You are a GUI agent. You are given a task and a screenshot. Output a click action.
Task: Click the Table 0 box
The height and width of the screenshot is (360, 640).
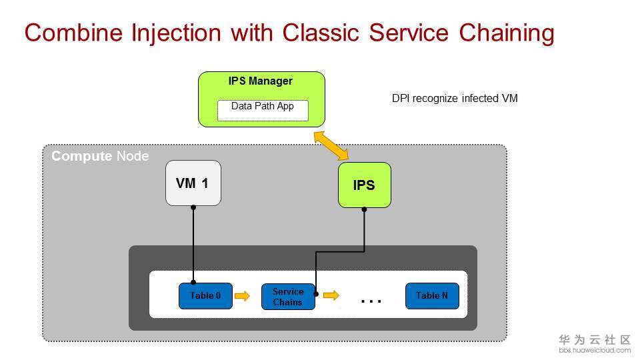coord(205,296)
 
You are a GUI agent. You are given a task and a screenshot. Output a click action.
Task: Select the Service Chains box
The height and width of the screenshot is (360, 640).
coord(287,297)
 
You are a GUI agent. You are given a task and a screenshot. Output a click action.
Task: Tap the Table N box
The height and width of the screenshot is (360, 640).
coord(432,296)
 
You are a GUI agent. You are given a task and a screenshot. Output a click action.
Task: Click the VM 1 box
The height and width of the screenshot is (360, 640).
coord(193,183)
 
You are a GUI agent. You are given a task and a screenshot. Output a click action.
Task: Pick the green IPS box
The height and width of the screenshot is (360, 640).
coord(364,185)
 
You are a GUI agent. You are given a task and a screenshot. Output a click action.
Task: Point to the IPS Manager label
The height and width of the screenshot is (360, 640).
coord(261,81)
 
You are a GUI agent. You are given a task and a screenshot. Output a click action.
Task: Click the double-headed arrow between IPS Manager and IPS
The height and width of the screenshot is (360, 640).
coord(332,146)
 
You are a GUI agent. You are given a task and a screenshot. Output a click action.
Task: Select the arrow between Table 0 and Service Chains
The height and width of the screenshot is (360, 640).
coord(243,296)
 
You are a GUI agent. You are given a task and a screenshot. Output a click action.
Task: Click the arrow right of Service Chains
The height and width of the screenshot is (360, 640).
coord(331,295)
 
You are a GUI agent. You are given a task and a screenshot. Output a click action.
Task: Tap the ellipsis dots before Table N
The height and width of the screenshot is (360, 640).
coord(371,301)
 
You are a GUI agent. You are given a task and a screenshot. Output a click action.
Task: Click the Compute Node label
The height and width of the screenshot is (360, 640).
coord(100,157)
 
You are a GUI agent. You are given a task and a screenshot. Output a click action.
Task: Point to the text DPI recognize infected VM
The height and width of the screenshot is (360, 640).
coord(455,99)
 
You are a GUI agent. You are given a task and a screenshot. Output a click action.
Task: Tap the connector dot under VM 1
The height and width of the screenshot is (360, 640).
coord(193,207)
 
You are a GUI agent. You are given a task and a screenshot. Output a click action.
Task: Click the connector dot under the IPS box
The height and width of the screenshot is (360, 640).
coord(364,210)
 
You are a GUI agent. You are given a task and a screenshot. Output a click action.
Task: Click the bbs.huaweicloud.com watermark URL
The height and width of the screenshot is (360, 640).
coord(594,350)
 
